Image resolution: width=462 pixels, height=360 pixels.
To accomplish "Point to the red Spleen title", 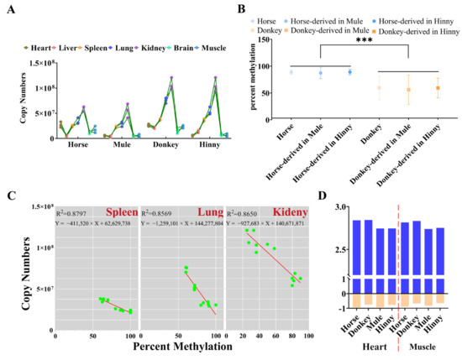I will [x=121, y=213].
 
